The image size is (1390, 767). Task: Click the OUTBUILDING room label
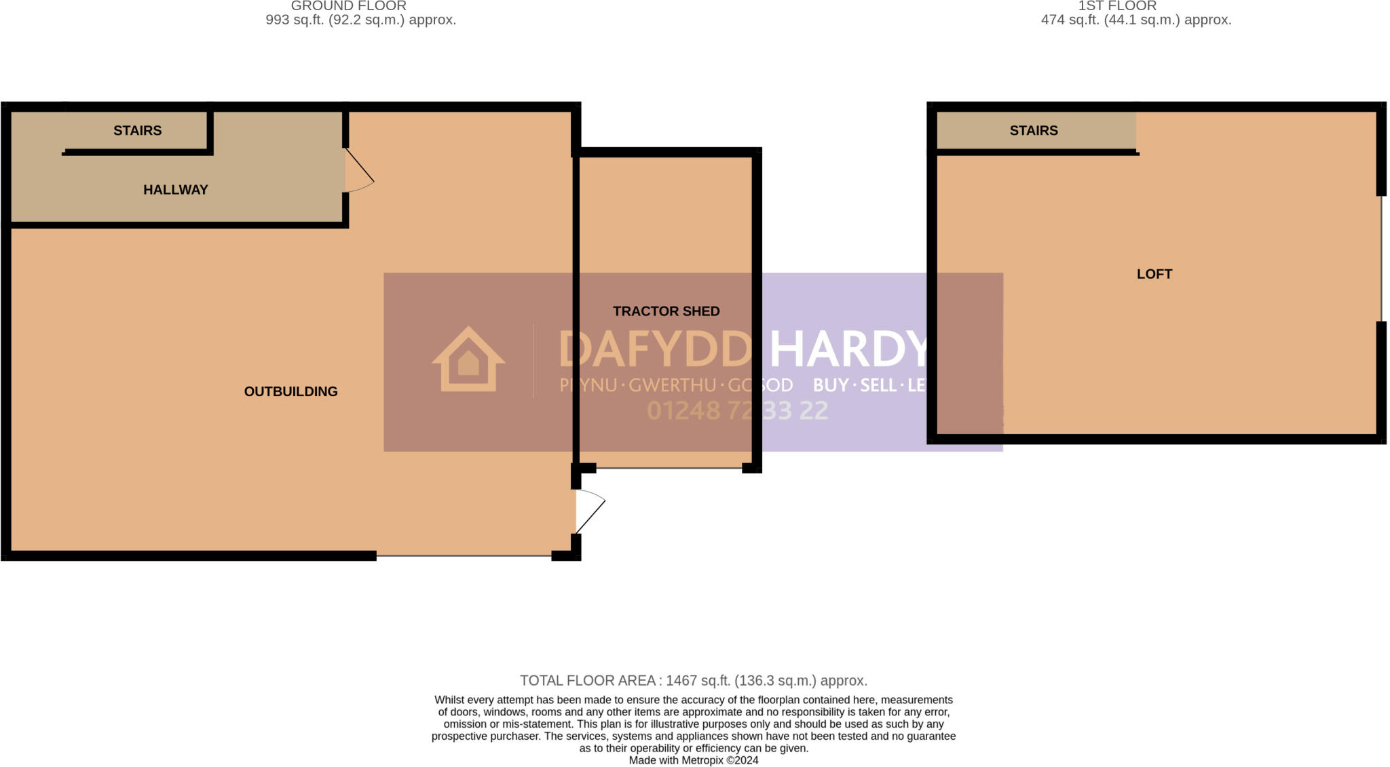pyautogui.click(x=290, y=391)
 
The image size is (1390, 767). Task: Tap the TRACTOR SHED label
pyautogui.click(x=666, y=311)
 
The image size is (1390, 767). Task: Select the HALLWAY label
pyautogui.click(x=175, y=190)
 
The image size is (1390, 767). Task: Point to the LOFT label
pyautogui.click(x=1154, y=274)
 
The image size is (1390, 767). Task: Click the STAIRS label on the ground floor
pyautogui.click(x=137, y=130)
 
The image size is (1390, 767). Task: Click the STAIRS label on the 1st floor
pyautogui.click(x=1033, y=130)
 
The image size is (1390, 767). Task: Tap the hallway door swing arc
pyautogui.click(x=358, y=170)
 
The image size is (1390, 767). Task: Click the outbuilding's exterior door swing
pyautogui.click(x=589, y=510)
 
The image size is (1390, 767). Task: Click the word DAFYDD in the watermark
pyautogui.click(x=654, y=349)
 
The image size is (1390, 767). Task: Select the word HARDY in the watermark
pyautogui.click(x=848, y=349)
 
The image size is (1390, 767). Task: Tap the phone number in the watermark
pyautogui.click(x=737, y=410)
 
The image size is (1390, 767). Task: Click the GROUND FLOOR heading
pyautogui.click(x=348, y=6)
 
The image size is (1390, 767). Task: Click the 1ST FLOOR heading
pyautogui.click(x=1116, y=6)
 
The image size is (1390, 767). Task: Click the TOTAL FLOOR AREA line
pyautogui.click(x=693, y=680)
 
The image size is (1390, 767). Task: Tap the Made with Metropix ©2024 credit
pyautogui.click(x=693, y=760)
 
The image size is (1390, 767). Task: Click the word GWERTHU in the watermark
pyautogui.click(x=672, y=385)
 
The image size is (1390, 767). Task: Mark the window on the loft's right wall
pyautogui.click(x=1380, y=258)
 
